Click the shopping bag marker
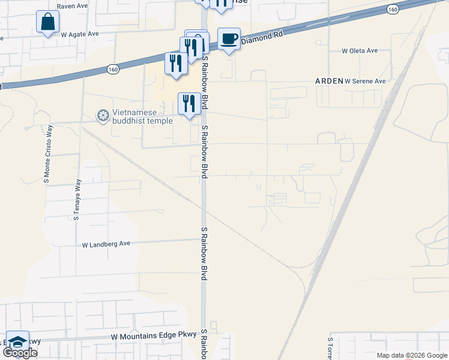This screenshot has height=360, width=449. [47, 22]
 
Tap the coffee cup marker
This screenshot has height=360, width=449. [229, 39]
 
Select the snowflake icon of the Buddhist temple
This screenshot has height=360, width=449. [103, 115]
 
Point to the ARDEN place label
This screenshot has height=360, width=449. [329, 81]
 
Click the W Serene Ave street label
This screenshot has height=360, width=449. [365, 81]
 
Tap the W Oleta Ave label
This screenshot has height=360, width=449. [360, 51]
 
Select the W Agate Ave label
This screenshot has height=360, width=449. [80, 34]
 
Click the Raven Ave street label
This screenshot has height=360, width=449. [72, 6]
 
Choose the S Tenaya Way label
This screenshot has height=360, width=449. [77, 199]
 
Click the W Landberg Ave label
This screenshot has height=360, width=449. [106, 244]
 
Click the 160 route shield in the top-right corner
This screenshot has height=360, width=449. [393, 10]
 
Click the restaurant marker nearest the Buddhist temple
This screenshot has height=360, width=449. [189, 104]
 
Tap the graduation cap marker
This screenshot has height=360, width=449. [18, 342]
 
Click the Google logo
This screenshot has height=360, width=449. [20, 352]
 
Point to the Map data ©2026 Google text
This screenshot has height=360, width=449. [412, 355]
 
